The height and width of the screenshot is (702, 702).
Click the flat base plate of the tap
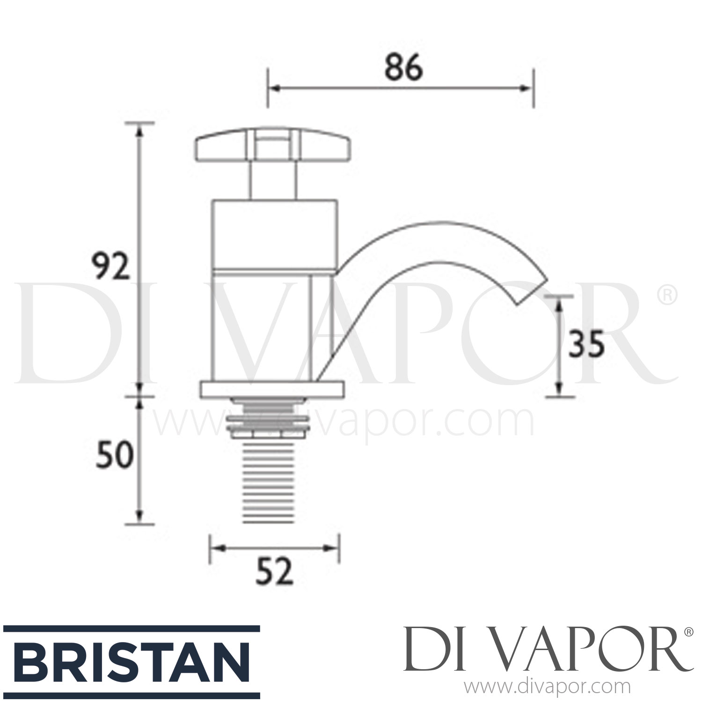click(x=272, y=390)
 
